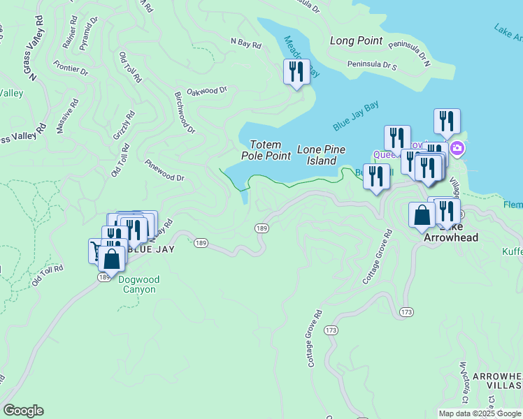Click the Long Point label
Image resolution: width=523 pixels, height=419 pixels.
tap(356, 41)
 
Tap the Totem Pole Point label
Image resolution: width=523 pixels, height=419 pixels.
tap(266, 150)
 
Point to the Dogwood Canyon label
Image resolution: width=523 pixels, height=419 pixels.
tap(138, 285)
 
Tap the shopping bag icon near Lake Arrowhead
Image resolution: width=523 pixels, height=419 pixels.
tap(422, 216)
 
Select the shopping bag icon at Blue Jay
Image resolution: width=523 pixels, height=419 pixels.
tap(112, 259)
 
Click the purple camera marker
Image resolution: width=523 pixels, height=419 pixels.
tap(457, 147)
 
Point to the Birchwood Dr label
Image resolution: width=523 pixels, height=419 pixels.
tap(185, 112)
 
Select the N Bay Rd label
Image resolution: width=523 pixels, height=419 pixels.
tap(245, 44)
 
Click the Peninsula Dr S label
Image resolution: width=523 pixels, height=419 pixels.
tap(373, 66)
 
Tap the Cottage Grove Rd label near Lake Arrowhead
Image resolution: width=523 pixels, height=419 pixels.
tap(375, 258)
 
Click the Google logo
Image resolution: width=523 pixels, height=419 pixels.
tap(23, 411)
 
